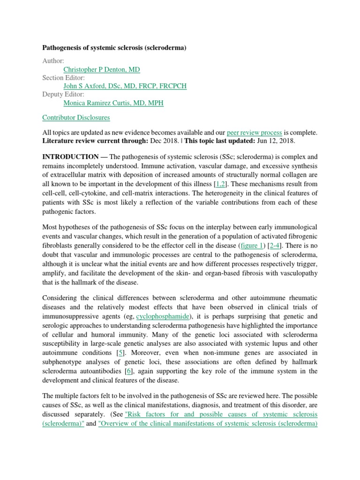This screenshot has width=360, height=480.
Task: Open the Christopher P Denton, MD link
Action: pos(101,69)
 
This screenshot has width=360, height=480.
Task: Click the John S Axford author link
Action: pos(124,86)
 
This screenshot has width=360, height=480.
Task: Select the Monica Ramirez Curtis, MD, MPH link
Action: pos(113,103)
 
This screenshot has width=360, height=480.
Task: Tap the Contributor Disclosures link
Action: pos(76,118)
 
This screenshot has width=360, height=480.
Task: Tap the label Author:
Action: pos(53,61)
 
